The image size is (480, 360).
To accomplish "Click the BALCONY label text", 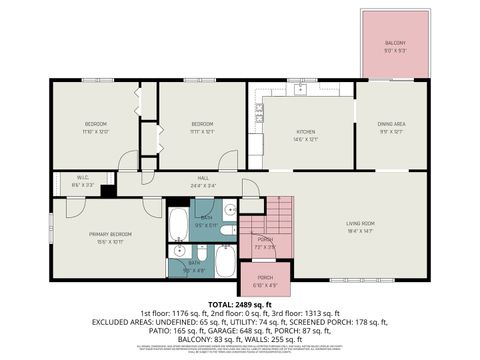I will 395,43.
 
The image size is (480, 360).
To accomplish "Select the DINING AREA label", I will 391,124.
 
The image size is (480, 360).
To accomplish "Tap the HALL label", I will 202,178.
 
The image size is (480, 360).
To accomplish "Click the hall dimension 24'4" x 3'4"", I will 202,185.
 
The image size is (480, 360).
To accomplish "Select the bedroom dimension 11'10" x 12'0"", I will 95,131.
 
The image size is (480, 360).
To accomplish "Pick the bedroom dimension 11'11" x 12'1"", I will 202,131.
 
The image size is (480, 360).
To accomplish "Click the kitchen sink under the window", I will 299,89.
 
